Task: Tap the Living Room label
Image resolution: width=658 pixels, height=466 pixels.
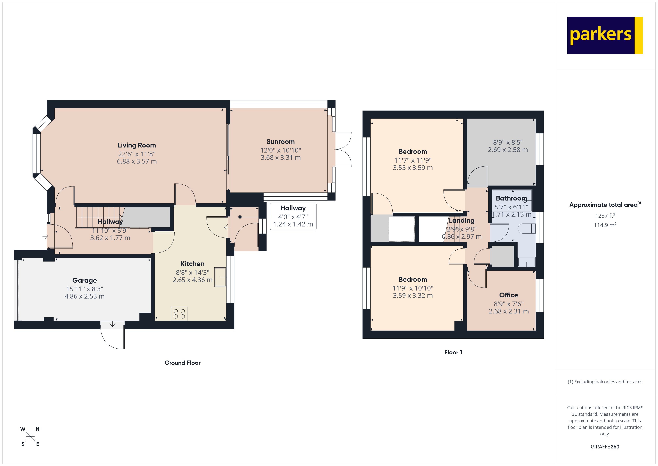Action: [x=137, y=145]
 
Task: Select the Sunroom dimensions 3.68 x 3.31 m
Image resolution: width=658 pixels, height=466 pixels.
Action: [x=280, y=158]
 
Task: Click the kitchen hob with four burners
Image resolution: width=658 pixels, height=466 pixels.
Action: [x=179, y=314]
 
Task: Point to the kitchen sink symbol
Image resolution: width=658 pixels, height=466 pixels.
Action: [x=220, y=277]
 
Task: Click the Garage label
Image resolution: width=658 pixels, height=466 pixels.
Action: [x=84, y=280]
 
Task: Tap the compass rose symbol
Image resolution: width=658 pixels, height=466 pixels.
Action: [x=30, y=437]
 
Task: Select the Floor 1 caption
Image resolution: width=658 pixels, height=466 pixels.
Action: [x=453, y=352]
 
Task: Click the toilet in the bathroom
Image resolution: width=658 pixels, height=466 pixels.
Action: [x=527, y=229]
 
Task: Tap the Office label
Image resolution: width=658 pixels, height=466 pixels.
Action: [x=508, y=295]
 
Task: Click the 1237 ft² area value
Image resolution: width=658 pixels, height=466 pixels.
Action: [x=605, y=215]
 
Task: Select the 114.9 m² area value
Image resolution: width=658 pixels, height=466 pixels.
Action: [x=605, y=225]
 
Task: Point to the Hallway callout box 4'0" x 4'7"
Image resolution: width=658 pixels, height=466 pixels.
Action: [x=293, y=216]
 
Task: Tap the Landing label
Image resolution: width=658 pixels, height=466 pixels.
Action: [x=461, y=220]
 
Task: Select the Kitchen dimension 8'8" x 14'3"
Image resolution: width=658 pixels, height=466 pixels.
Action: [x=192, y=272]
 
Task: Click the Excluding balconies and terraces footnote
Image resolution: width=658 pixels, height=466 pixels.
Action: [x=605, y=382]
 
